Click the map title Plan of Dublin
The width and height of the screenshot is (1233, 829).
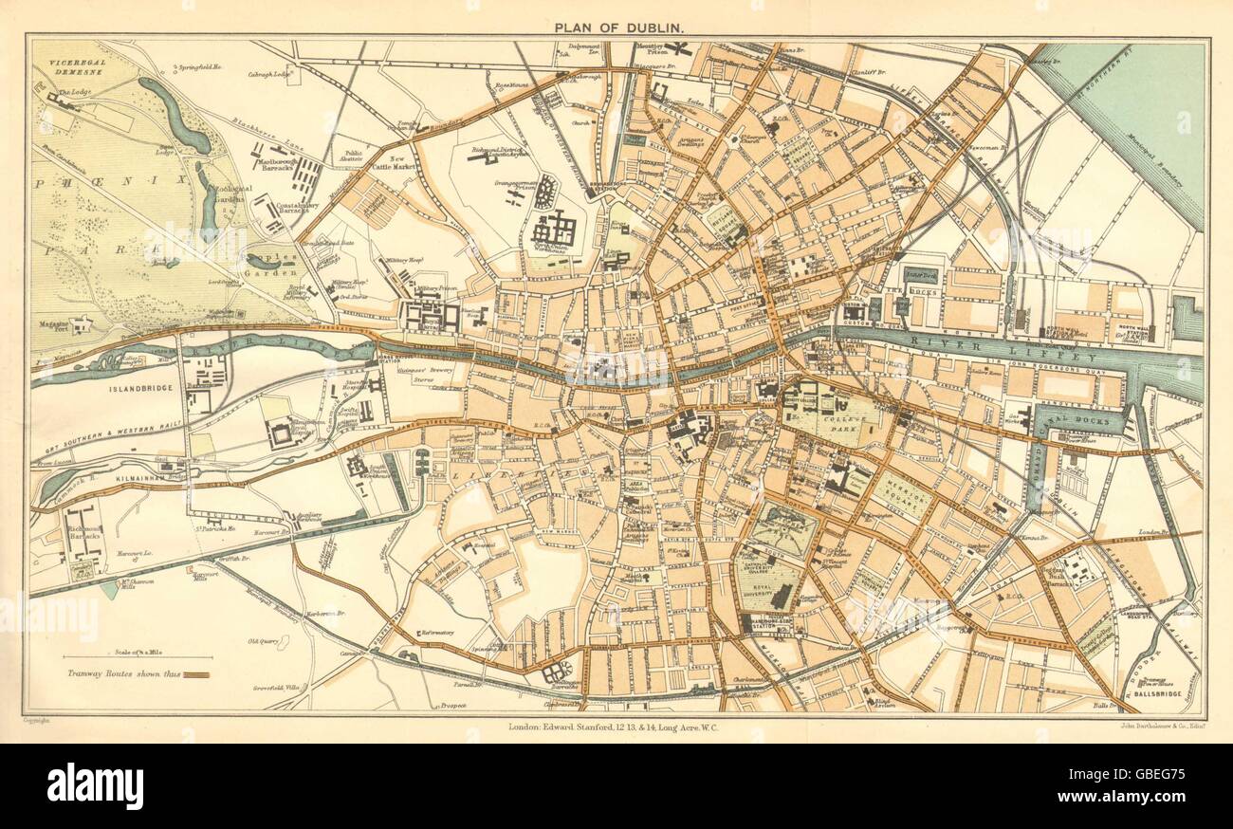point(616,26)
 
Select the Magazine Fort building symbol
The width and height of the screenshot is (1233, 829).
point(82,324)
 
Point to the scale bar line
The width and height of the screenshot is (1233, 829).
point(138,655)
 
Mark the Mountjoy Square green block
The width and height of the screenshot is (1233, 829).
point(798,152)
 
